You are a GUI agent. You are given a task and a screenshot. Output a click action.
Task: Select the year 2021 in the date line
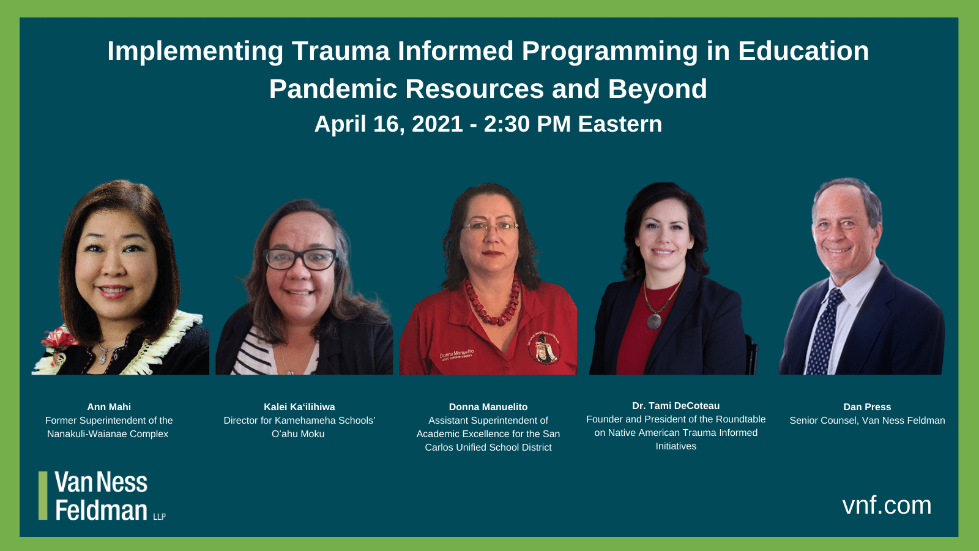point(437,124)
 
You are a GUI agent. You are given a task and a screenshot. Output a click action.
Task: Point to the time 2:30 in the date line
point(507,124)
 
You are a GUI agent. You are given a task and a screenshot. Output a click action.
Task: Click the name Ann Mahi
point(109,407)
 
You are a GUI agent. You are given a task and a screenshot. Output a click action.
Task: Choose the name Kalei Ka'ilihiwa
point(299,407)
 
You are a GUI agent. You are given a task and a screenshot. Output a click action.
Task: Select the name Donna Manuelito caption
point(488,407)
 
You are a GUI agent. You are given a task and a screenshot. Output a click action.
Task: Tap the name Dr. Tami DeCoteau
point(676,405)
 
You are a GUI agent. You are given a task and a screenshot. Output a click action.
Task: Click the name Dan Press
point(867,407)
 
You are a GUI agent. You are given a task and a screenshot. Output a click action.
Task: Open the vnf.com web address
point(887,505)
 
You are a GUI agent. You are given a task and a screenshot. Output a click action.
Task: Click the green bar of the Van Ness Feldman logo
point(43,495)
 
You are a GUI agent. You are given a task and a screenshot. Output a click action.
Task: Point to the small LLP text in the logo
point(159,517)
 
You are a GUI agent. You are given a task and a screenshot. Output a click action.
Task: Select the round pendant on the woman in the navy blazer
point(654,320)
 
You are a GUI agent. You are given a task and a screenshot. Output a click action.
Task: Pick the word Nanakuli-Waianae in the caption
point(87,433)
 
